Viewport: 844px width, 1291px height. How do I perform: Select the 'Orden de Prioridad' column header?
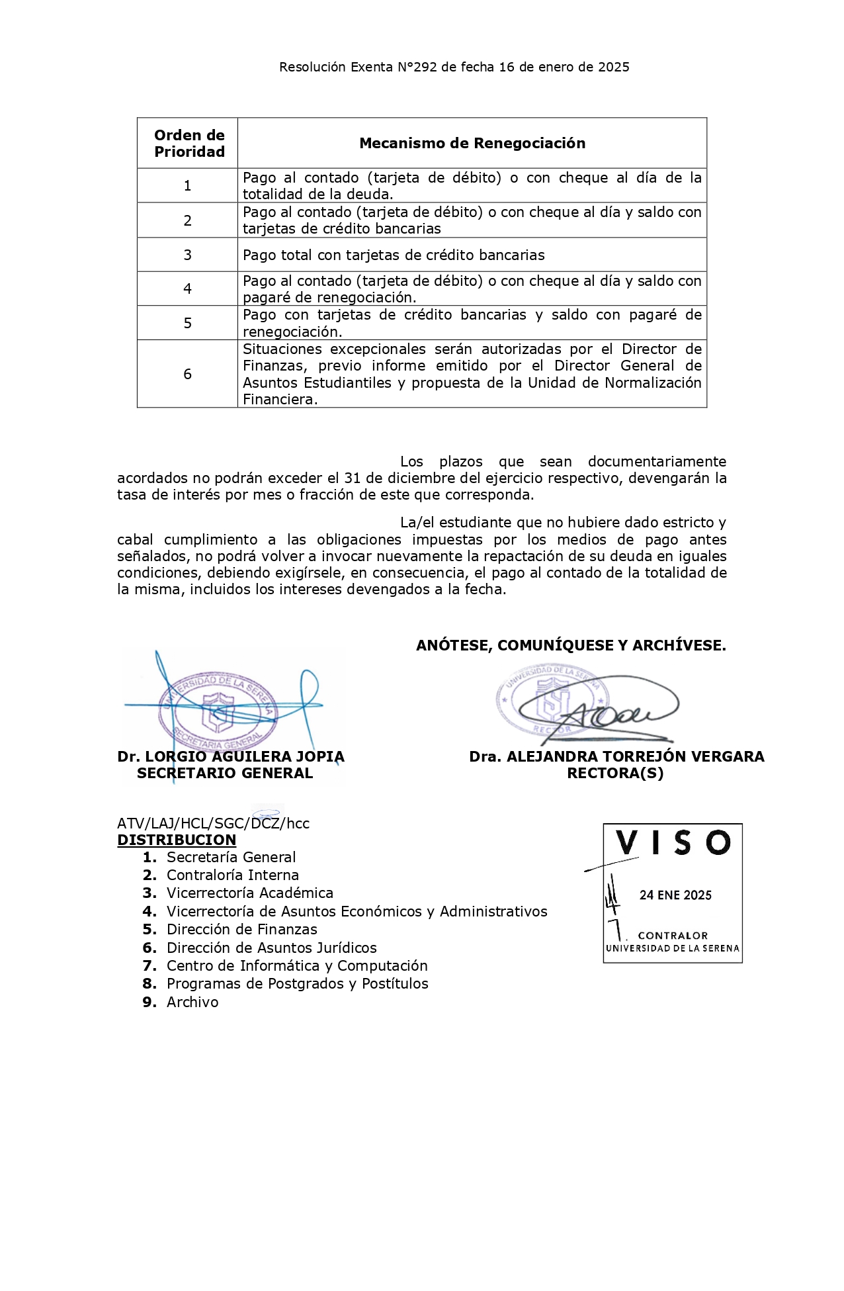(x=189, y=144)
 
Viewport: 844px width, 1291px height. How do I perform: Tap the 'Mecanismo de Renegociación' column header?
(x=472, y=144)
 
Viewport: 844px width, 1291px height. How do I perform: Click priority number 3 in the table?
(x=188, y=255)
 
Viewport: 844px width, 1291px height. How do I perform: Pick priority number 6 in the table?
(x=188, y=375)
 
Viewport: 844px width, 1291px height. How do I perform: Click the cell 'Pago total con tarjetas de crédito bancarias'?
(x=394, y=255)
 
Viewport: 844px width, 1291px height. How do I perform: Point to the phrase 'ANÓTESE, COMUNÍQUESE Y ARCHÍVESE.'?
(x=570, y=646)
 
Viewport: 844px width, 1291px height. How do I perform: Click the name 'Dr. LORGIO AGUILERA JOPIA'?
(x=230, y=757)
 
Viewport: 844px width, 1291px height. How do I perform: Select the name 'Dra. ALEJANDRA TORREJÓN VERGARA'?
(x=616, y=757)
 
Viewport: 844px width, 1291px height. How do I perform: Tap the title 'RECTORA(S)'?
(x=614, y=774)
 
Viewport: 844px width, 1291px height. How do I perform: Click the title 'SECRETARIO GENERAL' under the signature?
(x=224, y=774)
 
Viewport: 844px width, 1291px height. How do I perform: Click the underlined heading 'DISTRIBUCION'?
(x=177, y=840)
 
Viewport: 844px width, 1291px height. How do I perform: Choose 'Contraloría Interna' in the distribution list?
(x=232, y=875)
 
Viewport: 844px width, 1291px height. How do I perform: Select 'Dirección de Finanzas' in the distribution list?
(x=241, y=930)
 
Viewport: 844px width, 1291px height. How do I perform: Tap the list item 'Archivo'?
(x=192, y=1002)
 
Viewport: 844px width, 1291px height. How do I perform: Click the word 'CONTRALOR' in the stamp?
(x=673, y=936)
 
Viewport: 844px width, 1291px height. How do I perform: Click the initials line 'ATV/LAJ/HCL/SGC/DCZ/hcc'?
(x=213, y=824)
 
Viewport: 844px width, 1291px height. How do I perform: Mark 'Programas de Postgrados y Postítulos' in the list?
(x=297, y=984)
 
